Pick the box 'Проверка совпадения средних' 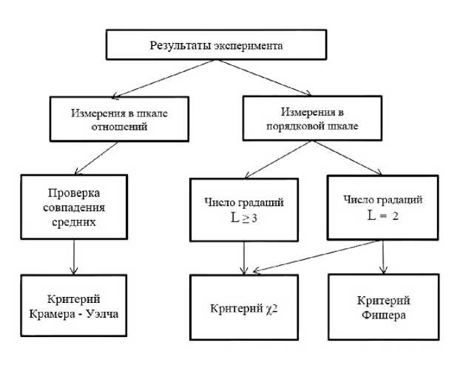pyautogui.click(x=74, y=208)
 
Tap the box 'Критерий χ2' pyautogui.click(x=243, y=307)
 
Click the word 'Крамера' pyautogui.click(x=58, y=313)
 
